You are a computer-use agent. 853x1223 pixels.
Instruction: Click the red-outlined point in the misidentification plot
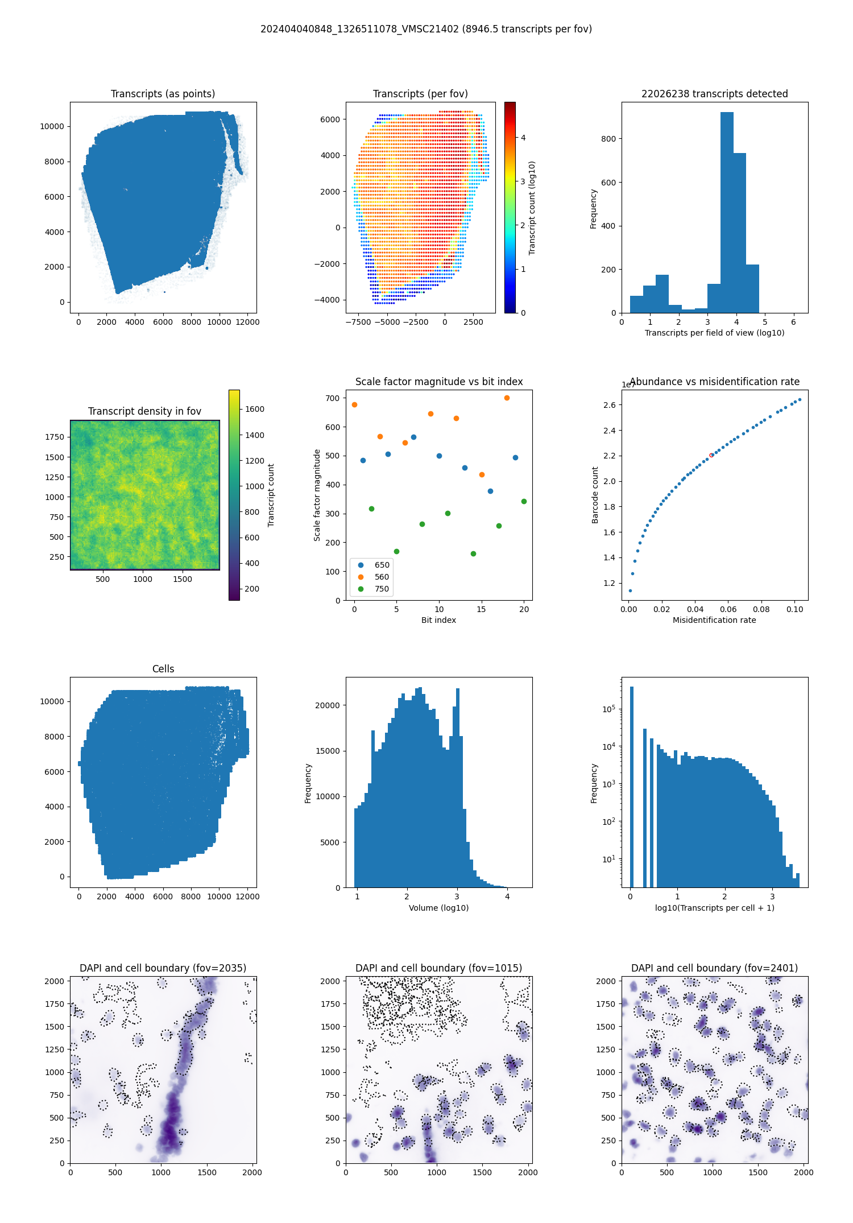711,455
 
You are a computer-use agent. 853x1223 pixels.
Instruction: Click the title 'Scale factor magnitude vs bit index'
438,382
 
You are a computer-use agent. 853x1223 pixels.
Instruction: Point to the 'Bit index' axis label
438,620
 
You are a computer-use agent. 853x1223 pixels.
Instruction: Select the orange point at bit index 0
355,405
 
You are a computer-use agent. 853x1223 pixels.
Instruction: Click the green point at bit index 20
524,502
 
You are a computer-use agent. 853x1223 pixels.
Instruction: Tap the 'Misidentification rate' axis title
714,620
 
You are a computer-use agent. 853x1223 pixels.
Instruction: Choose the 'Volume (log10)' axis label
438,908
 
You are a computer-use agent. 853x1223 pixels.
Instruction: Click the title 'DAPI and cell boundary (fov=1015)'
438,968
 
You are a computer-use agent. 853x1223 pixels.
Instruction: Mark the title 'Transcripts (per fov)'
420,94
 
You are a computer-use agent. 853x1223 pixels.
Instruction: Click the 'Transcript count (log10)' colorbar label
532,208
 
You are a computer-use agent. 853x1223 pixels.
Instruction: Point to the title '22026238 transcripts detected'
714,94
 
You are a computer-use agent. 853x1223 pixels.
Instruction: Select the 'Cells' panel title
163,669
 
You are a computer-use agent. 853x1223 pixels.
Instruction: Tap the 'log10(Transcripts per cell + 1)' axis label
714,908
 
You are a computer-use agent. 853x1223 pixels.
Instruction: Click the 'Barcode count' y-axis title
595,495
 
